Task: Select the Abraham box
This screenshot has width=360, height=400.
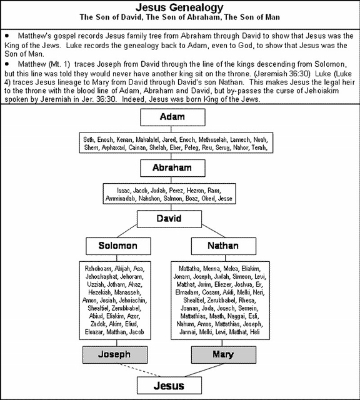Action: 179,167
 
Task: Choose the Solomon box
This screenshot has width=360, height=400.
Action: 117,246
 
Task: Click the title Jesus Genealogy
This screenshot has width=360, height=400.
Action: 179,7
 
